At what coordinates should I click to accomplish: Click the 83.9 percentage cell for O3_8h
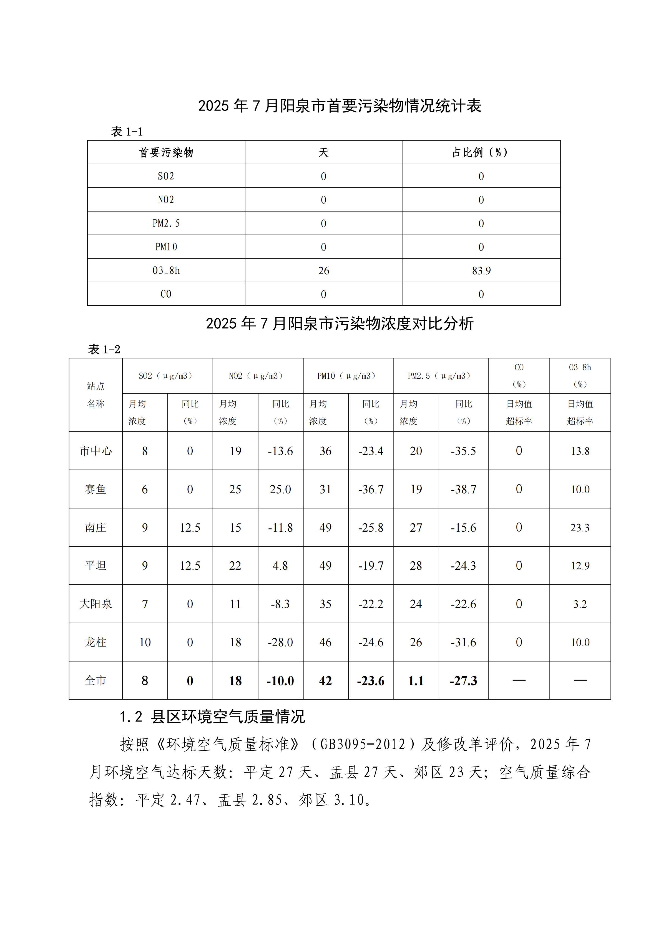(481, 270)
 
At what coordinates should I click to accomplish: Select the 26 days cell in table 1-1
(323, 270)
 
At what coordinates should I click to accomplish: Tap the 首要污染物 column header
(166, 152)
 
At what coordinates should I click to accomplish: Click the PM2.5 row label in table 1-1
(166, 223)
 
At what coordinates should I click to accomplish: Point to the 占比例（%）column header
(481, 152)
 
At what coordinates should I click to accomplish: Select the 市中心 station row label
(96, 451)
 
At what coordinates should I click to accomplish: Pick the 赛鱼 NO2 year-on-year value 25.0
(280, 489)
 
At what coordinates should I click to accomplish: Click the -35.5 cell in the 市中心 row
(463, 451)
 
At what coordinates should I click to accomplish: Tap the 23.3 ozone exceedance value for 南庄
(580, 527)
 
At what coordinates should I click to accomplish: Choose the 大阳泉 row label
(96, 604)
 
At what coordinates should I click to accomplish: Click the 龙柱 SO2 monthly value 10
(145, 642)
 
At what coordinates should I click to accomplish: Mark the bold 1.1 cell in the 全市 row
(416, 680)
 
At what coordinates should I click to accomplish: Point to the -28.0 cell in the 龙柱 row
(280, 642)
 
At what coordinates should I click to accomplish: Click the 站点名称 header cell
(96, 394)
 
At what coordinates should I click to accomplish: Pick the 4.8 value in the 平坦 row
(280, 566)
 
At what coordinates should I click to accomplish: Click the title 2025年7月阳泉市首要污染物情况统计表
(340, 106)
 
